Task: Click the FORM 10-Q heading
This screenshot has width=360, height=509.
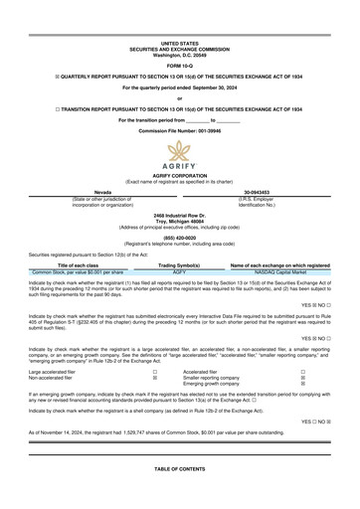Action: tap(180, 65)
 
